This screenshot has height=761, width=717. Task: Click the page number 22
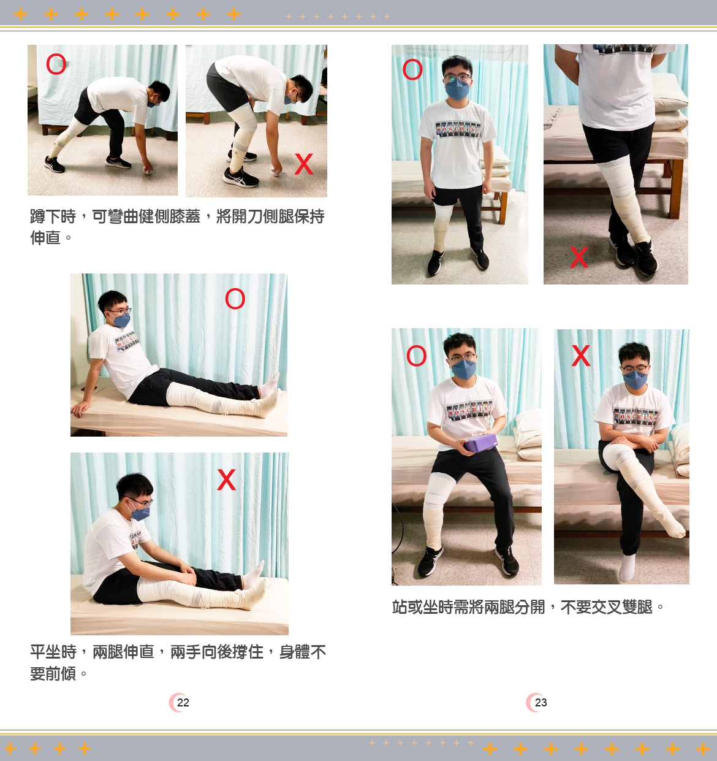[183, 702]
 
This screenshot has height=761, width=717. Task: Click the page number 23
[541, 702]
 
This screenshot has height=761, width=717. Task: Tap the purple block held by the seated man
[480, 443]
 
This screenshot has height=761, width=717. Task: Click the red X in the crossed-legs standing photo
[579, 257]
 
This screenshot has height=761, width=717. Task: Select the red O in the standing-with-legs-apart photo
[412, 70]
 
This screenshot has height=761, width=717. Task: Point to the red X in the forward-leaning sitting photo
[226, 480]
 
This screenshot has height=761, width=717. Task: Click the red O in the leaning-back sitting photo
[235, 299]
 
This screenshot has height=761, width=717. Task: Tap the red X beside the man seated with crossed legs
[581, 355]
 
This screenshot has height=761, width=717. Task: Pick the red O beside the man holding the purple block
[416, 356]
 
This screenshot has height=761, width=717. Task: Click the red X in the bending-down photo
[304, 164]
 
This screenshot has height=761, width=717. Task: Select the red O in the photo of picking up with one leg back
[56, 64]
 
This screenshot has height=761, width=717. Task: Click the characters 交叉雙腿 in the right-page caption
[621, 607]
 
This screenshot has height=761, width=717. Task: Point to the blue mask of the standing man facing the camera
[458, 90]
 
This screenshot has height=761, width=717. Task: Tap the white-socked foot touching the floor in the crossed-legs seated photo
[627, 567]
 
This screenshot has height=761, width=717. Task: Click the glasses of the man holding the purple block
[462, 358]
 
